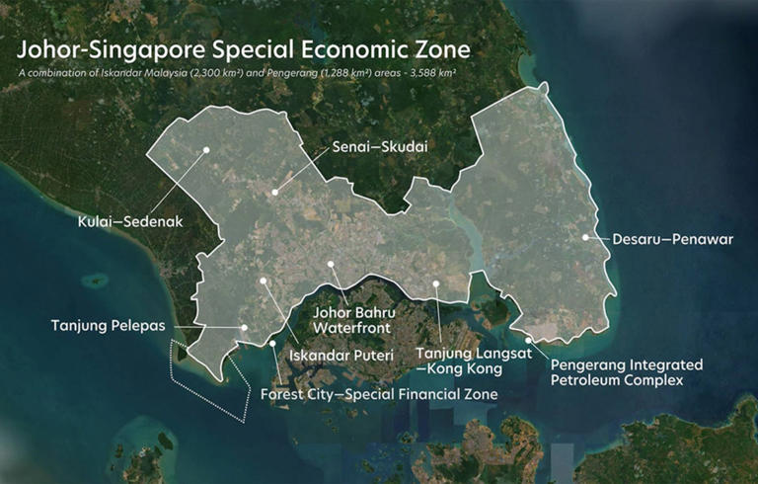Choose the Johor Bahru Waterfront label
[x=353, y=318]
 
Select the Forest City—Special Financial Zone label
[x=379, y=393]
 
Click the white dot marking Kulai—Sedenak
[x=207, y=149]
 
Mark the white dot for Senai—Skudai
[x=277, y=188]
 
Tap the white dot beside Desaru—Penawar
[x=585, y=237]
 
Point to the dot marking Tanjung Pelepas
[x=245, y=327]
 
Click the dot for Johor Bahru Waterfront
[x=332, y=265]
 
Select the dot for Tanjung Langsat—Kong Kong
[x=435, y=283]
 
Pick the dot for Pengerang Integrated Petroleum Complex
[x=529, y=341]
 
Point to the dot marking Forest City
[x=272, y=343]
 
